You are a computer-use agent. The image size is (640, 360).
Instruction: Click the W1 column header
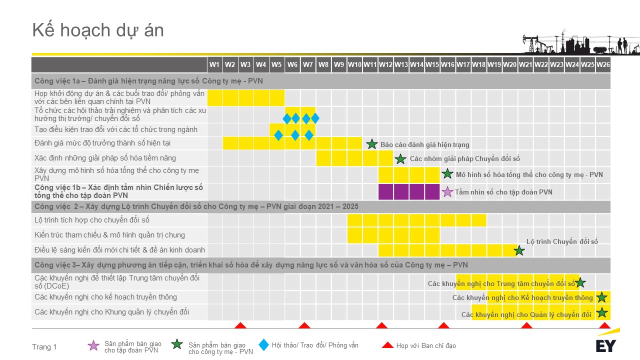click(x=214, y=64)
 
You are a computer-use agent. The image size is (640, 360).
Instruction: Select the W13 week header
click(x=401, y=64)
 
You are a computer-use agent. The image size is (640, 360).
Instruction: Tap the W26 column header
click(x=603, y=64)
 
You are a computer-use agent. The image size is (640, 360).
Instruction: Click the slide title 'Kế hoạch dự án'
click(x=98, y=30)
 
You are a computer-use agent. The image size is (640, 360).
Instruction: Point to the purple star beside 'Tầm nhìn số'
click(x=447, y=192)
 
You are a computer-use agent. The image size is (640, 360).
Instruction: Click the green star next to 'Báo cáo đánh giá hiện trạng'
click(x=371, y=144)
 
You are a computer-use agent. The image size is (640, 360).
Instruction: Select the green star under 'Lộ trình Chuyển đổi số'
click(x=519, y=250)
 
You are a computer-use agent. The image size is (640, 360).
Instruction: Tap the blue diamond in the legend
click(x=263, y=345)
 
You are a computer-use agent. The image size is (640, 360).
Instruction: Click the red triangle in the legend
click(x=387, y=345)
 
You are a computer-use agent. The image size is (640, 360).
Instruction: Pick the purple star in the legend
click(x=93, y=345)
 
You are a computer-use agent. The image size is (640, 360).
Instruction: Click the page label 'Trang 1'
click(x=44, y=347)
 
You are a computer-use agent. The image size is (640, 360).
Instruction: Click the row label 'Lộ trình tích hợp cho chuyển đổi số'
click(x=91, y=220)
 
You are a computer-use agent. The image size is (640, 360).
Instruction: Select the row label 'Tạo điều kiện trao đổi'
click(x=115, y=129)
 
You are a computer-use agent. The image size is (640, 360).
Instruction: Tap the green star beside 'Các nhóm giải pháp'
click(x=400, y=159)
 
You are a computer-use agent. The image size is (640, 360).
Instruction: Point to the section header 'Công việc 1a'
click(x=148, y=81)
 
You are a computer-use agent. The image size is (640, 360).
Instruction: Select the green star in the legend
click(x=177, y=344)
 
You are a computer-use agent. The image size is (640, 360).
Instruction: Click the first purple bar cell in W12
click(x=385, y=191)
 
